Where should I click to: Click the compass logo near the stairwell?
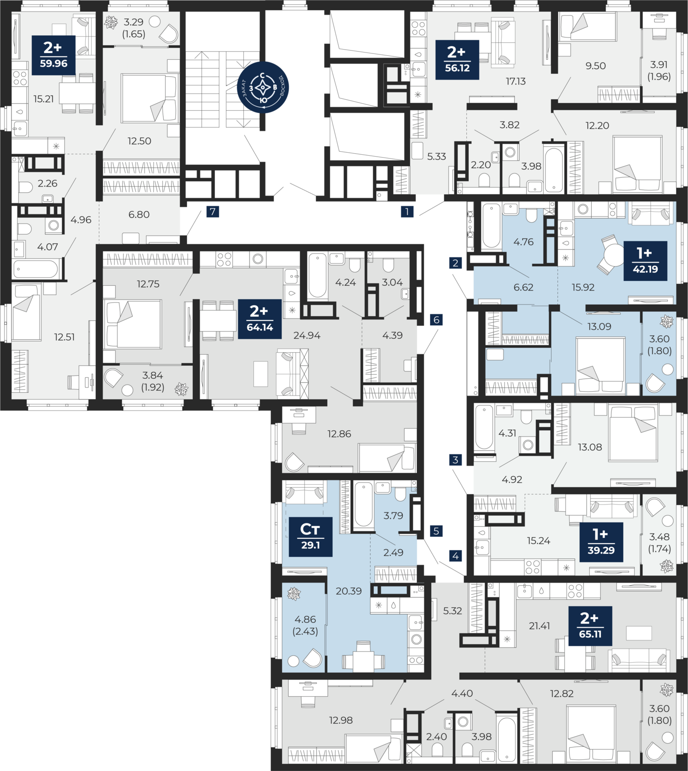pyautogui.click(x=263, y=88)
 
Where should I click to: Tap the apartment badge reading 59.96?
pyautogui.click(x=53, y=55)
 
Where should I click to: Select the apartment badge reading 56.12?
pyautogui.click(x=457, y=60)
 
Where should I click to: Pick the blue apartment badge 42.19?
pyautogui.click(x=645, y=261)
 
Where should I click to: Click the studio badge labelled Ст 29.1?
pyautogui.click(x=310, y=537)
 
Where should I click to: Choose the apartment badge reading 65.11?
pyautogui.click(x=590, y=626)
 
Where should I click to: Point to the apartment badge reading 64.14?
pyautogui.click(x=260, y=319)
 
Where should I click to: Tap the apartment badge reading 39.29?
pyautogui.click(x=601, y=542)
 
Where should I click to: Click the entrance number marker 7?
pyautogui.click(x=212, y=212)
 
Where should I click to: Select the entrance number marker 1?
pyautogui.click(x=407, y=211)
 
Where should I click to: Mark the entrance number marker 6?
pyautogui.click(x=437, y=319)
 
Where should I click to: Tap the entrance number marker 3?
pyautogui.click(x=455, y=460)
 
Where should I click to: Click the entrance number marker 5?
pyautogui.click(x=436, y=531)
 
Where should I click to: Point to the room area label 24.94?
pyautogui.click(x=307, y=335)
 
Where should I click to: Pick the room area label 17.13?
pyautogui.click(x=516, y=81)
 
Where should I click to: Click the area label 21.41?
pyautogui.click(x=539, y=626)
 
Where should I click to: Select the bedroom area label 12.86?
pyautogui.click(x=339, y=434)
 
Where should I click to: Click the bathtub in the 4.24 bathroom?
pyautogui.click(x=318, y=276)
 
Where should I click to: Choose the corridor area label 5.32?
pyautogui.click(x=452, y=611)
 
